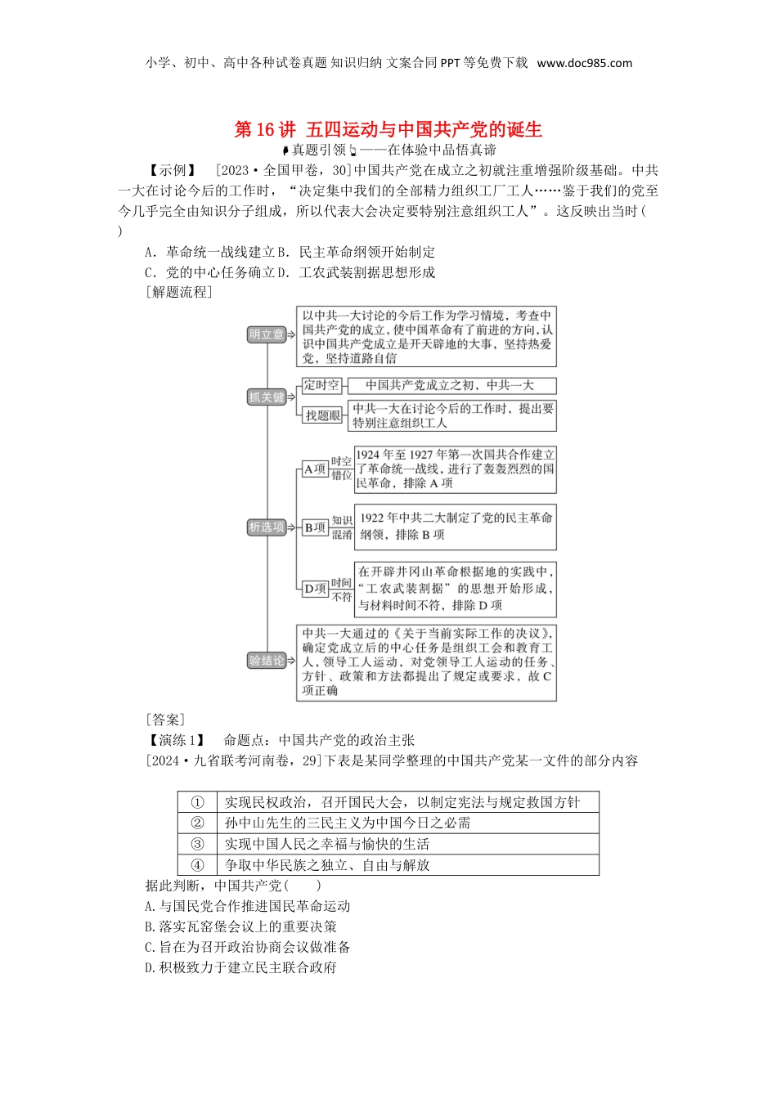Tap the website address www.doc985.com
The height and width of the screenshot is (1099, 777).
pos(584,63)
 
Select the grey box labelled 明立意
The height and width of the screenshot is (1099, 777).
pos(267,334)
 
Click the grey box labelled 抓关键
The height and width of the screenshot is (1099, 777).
pos(267,397)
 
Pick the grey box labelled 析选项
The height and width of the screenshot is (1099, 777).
pos(267,527)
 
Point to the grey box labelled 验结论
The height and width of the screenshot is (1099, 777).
pos(267,661)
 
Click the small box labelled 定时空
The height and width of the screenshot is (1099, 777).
pos(321,385)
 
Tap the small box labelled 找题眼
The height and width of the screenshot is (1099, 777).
pos(322,415)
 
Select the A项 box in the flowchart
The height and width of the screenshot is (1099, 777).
pos(315,469)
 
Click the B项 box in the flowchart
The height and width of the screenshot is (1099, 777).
pos(315,527)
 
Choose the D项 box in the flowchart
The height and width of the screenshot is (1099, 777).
pos(315,589)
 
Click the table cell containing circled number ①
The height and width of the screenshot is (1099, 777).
pos(197,802)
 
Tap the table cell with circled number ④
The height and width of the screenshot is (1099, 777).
pos(197,865)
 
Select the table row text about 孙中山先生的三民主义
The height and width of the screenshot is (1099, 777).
pos(348,823)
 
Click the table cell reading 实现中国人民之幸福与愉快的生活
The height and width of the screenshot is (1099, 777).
pos(327,844)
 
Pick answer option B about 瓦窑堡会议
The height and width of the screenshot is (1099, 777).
pos(240,926)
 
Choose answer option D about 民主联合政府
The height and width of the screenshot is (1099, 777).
pos(240,967)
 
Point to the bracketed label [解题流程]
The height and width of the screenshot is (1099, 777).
pos(178,292)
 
